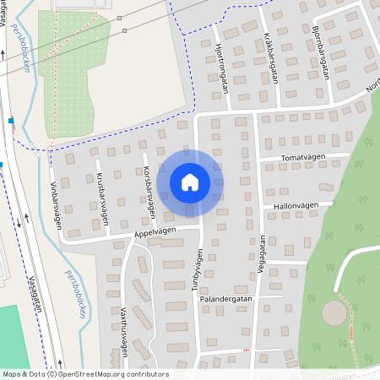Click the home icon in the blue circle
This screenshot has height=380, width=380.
(x=190, y=182)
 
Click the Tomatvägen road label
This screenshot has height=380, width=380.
(x=304, y=157)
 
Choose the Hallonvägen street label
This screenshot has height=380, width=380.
(x=296, y=205)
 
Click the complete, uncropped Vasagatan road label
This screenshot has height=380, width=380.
(x=35, y=293)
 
